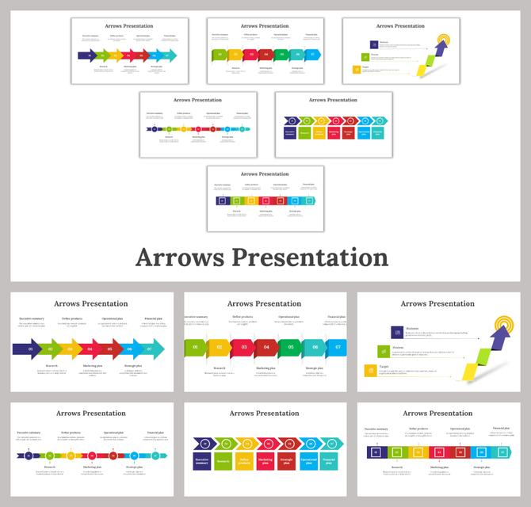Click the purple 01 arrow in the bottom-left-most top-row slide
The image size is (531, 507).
point(31,349)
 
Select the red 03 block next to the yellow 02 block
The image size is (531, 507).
point(243,347)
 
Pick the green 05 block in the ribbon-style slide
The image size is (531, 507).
point(291,347)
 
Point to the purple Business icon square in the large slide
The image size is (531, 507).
point(396,333)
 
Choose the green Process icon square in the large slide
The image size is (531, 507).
point(384,352)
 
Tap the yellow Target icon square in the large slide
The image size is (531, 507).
point(370,370)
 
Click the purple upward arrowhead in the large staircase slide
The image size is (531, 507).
point(480,337)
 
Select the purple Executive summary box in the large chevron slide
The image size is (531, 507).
point(203,462)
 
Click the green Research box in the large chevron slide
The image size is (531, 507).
point(223,462)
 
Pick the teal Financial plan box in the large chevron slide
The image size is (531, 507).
point(329,462)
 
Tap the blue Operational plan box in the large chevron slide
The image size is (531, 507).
point(308,462)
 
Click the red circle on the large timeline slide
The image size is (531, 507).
point(92,456)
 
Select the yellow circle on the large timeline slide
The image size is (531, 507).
point(71,456)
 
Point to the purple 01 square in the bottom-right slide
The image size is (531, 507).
point(376,452)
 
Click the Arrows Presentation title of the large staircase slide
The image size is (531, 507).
point(437,303)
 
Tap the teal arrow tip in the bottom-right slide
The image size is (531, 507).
point(507,452)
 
